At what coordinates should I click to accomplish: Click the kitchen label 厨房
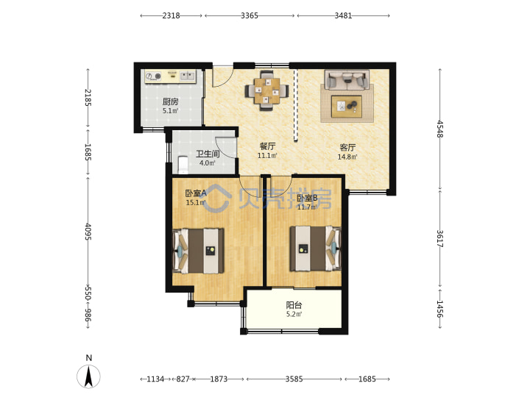(x=170, y=101)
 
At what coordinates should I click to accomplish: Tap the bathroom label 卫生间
(x=208, y=154)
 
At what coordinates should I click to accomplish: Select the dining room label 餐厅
(x=267, y=146)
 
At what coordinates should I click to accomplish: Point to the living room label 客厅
(x=347, y=148)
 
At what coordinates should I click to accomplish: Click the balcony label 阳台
(x=294, y=305)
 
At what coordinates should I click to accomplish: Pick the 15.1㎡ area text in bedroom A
(x=196, y=203)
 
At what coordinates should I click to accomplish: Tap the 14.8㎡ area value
(x=347, y=157)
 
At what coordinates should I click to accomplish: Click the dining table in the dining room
(x=266, y=90)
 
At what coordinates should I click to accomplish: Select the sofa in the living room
(x=347, y=79)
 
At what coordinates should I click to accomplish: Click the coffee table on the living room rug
(x=347, y=107)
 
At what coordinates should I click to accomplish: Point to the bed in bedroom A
(x=199, y=251)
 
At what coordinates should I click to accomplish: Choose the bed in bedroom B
(x=315, y=248)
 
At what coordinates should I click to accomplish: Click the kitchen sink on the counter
(x=187, y=76)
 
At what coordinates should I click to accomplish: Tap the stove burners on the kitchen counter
(x=153, y=76)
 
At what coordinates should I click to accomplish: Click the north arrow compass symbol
(x=88, y=376)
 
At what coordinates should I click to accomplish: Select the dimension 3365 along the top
(x=250, y=15)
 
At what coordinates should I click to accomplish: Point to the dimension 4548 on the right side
(x=439, y=129)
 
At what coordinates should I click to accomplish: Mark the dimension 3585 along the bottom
(x=294, y=379)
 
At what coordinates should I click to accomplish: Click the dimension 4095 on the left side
(x=88, y=232)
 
